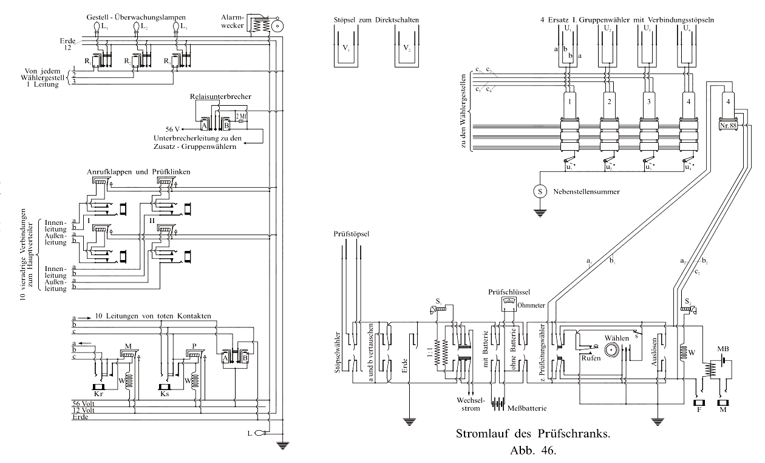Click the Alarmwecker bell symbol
[279, 27]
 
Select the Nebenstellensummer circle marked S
[539, 191]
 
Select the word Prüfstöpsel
[352, 233]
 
